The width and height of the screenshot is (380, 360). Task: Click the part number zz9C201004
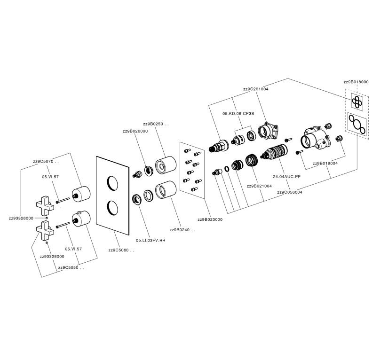[x=255, y=89]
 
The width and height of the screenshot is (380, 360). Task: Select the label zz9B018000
[x=356, y=82]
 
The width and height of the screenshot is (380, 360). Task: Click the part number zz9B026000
[x=135, y=131]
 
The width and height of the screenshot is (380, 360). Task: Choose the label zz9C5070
[x=46, y=161]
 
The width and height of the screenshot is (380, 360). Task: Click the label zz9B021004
[x=259, y=186]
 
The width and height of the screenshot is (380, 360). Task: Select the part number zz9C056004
[x=290, y=192]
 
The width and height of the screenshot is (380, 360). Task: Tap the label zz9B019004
[x=325, y=164]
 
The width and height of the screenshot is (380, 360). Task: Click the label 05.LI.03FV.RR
[x=150, y=240]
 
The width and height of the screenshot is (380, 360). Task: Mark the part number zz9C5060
[x=121, y=250]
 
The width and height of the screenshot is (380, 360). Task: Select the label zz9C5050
[x=71, y=267]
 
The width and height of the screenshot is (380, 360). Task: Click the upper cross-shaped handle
[x=47, y=204]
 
